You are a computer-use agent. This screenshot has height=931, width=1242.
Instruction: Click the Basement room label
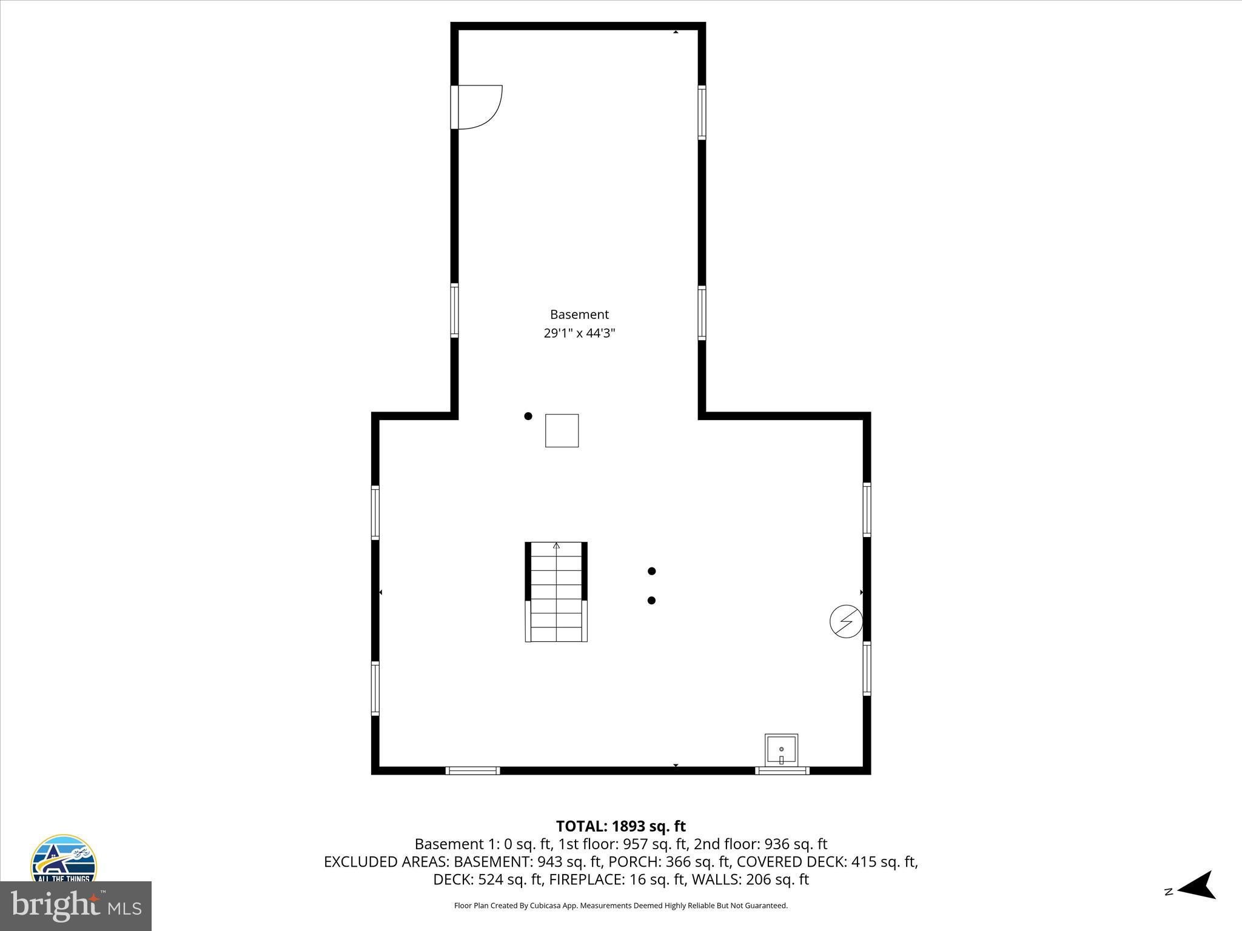click(579, 315)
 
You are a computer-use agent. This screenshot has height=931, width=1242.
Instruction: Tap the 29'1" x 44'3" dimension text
click(579, 333)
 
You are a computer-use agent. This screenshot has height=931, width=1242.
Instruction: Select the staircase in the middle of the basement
click(556, 592)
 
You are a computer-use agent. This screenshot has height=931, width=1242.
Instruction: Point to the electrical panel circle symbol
click(846, 621)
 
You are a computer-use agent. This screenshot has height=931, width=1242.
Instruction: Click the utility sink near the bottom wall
click(781, 750)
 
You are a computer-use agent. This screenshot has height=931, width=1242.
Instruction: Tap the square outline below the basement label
click(562, 430)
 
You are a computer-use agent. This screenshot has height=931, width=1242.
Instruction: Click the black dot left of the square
click(528, 416)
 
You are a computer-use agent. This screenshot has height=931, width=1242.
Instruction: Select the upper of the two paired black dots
click(652, 571)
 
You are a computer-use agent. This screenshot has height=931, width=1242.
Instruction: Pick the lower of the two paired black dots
click(652, 601)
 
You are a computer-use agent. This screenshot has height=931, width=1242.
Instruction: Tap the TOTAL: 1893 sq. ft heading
click(620, 826)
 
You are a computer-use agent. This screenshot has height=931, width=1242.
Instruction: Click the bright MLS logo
click(76, 906)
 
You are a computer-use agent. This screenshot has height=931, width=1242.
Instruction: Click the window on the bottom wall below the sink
click(782, 771)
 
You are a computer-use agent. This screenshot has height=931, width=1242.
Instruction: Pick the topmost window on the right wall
click(702, 113)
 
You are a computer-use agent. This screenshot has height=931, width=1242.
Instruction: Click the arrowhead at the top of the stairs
click(556, 546)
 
